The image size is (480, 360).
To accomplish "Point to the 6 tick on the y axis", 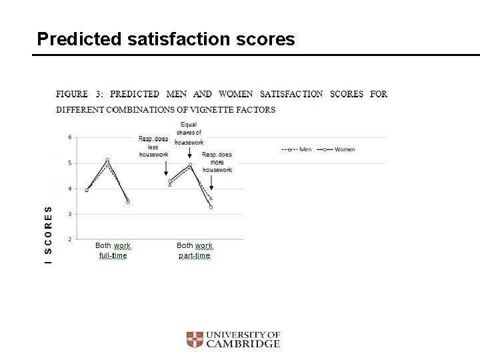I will tap(70, 137).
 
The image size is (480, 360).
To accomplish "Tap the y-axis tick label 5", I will tap(70, 163).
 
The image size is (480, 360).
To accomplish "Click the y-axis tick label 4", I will tap(70, 189).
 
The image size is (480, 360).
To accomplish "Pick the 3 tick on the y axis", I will tap(70, 214).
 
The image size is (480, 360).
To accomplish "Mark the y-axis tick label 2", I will tap(70, 239).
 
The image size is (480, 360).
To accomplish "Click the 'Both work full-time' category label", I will tap(113, 251).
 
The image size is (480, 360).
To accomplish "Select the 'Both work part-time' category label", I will tap(194, 251).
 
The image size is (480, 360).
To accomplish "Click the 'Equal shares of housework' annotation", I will tap(189, 133).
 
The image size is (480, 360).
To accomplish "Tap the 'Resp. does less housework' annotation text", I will tap(153, 147).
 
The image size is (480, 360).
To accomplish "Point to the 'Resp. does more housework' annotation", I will tap(217, 162).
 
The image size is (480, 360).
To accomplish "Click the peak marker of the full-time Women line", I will tap(107, 160).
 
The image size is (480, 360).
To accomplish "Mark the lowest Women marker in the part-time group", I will tap(211, 207).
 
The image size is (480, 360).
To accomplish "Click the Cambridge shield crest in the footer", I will tap(194, 340).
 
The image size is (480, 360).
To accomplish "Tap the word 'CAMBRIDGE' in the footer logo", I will tap(243, 344).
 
